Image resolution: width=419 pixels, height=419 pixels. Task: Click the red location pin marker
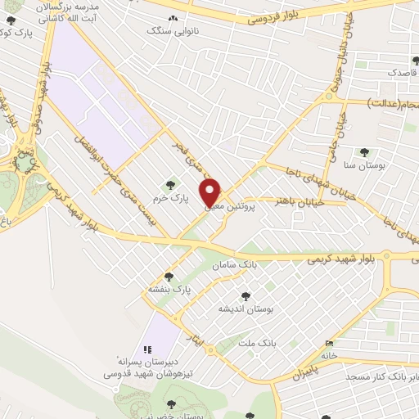point(211,193)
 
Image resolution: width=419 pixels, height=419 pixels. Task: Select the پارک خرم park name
point(173,198)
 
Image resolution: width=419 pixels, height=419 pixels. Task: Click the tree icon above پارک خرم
point(170,185)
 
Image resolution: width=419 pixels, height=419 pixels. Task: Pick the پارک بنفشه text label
point(169,290)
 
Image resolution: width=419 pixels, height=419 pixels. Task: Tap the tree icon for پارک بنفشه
point(169,277)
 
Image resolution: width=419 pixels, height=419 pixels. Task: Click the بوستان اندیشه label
point(244,309)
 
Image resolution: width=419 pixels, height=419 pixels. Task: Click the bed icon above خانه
point(329,343)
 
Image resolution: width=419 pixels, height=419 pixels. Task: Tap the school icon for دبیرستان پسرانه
point(148,349)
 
